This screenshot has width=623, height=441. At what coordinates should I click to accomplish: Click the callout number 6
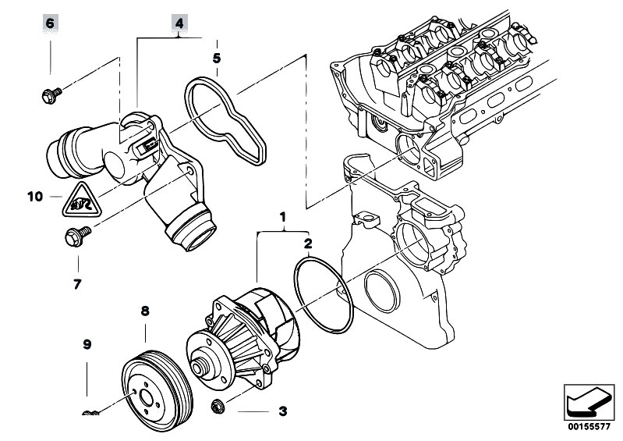(x=50, y=23)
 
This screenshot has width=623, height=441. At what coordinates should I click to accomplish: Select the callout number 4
(x=179, y=23)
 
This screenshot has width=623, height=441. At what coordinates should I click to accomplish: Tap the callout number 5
(x=217, y=59)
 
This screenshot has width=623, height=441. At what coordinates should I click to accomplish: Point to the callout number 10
(x=35, y=197)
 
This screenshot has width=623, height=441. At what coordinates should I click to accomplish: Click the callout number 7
(x=77, y=284)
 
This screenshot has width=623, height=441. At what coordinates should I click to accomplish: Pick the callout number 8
(x=145, y=311)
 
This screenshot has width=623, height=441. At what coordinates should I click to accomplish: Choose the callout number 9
(x=87, y=344)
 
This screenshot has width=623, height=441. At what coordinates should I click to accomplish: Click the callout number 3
(x=282, y=411)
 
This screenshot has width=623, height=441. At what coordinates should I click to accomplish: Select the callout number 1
(x=282, y=217)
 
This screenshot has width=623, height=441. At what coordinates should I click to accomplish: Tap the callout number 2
(x=308, y=244)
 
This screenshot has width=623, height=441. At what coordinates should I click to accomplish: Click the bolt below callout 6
(x=51, y=95)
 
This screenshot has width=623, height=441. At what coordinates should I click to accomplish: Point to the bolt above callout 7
(x=77, y=237)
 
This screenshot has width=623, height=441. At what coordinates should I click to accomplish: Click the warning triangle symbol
(x=81, y=201)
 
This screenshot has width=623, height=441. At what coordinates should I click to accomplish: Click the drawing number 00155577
(x=589, y=427)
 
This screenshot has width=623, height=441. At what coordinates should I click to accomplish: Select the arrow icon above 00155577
(x=589, y=402)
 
